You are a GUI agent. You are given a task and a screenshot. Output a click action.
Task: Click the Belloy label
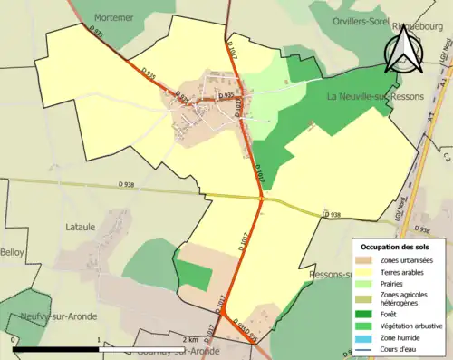13,251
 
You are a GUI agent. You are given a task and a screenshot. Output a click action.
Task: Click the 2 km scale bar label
189,340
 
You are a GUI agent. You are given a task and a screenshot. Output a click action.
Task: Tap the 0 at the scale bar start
15,340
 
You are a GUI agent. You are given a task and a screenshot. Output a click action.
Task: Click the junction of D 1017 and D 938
261,198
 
